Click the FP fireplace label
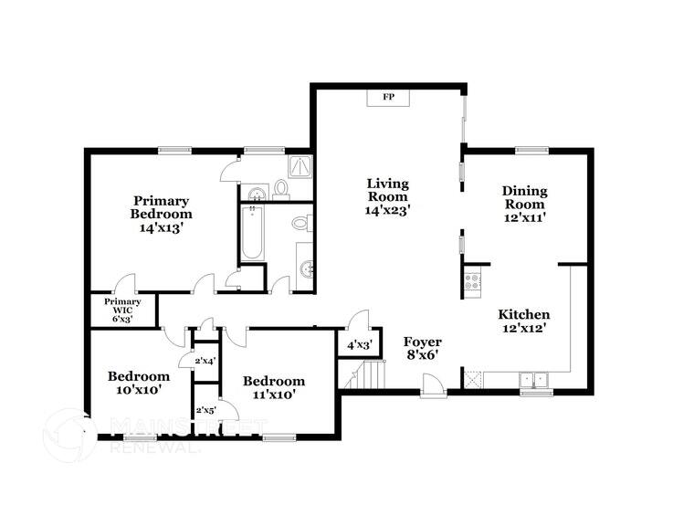(388, 97)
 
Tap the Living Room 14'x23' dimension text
(388, 209)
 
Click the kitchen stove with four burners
(473, 279)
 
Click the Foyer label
(423, 342)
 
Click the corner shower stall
(300, 165)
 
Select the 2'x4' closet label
(204, 361)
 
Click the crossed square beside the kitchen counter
(472, 379)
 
